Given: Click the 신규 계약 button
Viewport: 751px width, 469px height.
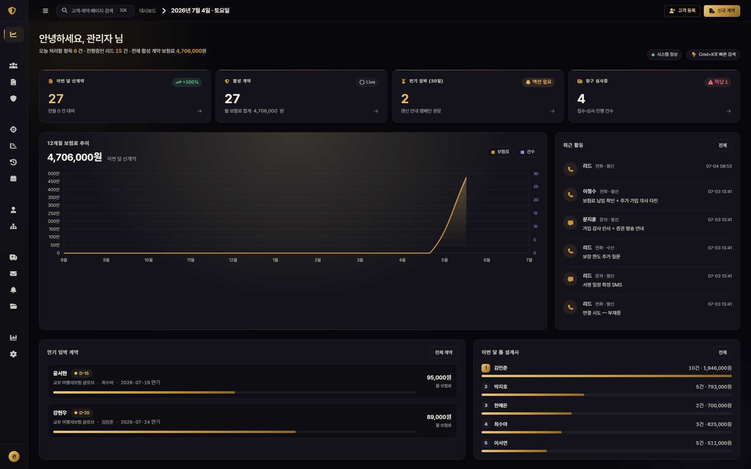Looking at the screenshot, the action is (x=722, y=11).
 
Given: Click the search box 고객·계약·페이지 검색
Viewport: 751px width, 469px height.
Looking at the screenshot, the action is (x=95, y=11).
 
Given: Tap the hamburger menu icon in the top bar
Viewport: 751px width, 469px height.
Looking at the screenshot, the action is (x=45, y=11).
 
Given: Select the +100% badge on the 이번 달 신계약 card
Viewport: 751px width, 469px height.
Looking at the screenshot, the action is (x=187, y=82).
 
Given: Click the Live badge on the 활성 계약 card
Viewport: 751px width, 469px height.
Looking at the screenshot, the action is (x=367, y=82).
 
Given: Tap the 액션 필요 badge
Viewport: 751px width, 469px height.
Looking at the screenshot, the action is (x=538, y=82).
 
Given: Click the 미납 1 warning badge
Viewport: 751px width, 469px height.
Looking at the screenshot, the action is (x=718, y=82).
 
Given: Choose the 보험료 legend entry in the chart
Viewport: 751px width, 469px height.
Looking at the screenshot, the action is (x=500, y=152).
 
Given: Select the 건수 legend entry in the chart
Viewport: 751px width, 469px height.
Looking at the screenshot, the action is (x=527, y=152).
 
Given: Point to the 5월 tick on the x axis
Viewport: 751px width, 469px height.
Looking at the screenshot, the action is (x=444, y=260).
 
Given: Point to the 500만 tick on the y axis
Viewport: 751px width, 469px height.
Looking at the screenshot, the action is (x=54, y=174).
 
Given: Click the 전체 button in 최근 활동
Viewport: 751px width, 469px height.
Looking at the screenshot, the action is (x=722, y=145).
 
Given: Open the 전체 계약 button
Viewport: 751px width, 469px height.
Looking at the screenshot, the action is (x=444, y=353).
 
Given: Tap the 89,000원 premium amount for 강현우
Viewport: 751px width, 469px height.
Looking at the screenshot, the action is (x=439, y=417).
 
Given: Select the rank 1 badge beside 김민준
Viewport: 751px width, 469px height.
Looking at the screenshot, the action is (x=486, y=368).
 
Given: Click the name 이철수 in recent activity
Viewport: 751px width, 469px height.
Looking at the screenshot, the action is (x=589, y=191).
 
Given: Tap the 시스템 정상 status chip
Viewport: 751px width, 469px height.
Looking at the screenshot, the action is (x=664, y=54).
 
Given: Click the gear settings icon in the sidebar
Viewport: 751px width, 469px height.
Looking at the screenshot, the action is (x=13, y=354).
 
